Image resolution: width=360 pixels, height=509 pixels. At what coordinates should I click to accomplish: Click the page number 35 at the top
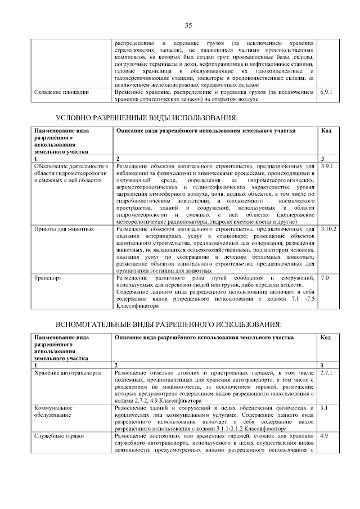tap(188, 25)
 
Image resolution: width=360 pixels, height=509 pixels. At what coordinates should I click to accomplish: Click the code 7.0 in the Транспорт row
tap(325, 278)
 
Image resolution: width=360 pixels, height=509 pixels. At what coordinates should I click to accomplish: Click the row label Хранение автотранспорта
tap(67, 372)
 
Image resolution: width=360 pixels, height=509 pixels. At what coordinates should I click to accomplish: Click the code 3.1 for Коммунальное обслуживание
tap(323, 407)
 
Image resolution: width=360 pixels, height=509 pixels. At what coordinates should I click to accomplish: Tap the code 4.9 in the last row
tap(323, 436)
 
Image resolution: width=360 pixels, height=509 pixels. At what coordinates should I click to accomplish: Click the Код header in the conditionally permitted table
tap(326, 130)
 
